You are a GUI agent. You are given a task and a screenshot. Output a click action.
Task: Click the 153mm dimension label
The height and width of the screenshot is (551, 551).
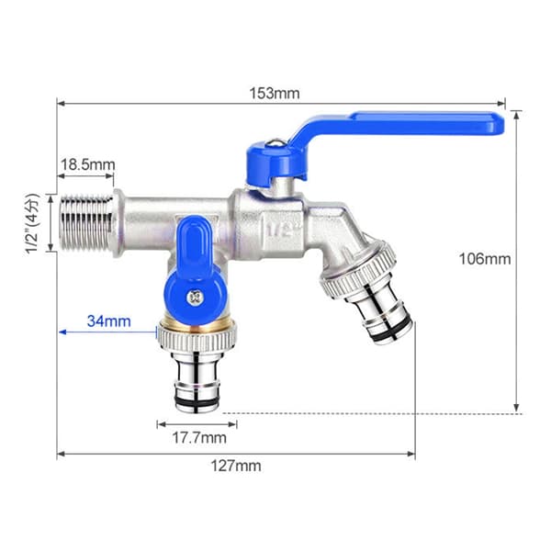click(x=275, y=94)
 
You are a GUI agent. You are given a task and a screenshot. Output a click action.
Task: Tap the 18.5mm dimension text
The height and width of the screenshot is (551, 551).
click(x=88, y=164)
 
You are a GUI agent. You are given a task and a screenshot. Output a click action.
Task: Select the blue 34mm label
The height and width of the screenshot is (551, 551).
click(x=109, y=320)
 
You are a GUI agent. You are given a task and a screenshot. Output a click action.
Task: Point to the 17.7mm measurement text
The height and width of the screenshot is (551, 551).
click(x=199, y=438)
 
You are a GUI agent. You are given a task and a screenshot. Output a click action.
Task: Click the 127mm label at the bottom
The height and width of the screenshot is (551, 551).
click(x=236, y=466)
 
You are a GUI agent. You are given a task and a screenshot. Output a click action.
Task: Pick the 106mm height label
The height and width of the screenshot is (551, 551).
click(x=485, y=259)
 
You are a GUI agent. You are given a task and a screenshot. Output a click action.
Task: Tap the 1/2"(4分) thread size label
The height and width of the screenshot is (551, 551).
click(x=32, y=223)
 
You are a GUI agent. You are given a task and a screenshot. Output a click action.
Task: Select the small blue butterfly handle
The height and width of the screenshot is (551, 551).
click(x=195, y=274)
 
